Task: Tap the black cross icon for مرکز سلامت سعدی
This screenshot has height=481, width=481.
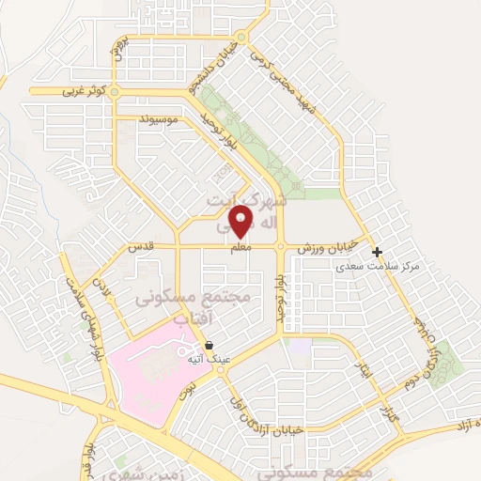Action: coord(377,252)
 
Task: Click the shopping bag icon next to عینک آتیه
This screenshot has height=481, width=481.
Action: coord(209,346)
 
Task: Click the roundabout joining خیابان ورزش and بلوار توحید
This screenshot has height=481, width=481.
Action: coord(280,247)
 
